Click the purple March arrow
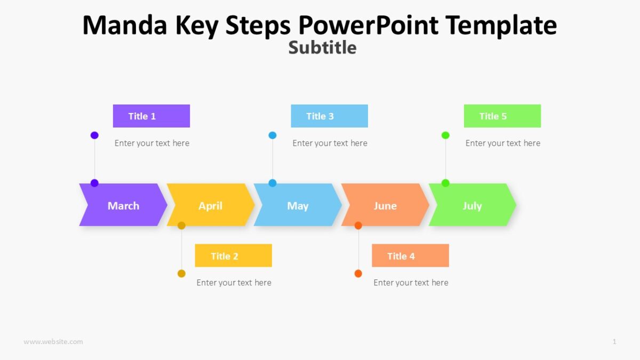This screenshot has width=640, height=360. coord(123,205)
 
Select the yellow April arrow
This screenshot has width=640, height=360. coord(210,205)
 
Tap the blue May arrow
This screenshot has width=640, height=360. coord(298,205)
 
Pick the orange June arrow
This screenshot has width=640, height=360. coord(385,205)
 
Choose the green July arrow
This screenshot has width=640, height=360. coord(473,205)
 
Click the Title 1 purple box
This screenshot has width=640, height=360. coord(151,116)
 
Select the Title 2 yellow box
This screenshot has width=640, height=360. coord(233,255)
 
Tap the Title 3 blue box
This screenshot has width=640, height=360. coord(329,116)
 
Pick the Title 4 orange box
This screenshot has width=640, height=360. coord(410,255)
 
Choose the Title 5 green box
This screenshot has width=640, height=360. coord(502,116)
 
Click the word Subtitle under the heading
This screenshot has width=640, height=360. coord(322,47)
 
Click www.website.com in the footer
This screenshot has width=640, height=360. coord(53,341)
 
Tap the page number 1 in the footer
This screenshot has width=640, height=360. coord(614,341)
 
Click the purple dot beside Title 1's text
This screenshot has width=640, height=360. coord(94,135)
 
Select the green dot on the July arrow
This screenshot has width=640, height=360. coord(445,183)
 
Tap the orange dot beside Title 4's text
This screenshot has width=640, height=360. coord(358,274)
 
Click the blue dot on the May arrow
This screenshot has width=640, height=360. coord(273,183)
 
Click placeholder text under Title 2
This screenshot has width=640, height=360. coord(234,283)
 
